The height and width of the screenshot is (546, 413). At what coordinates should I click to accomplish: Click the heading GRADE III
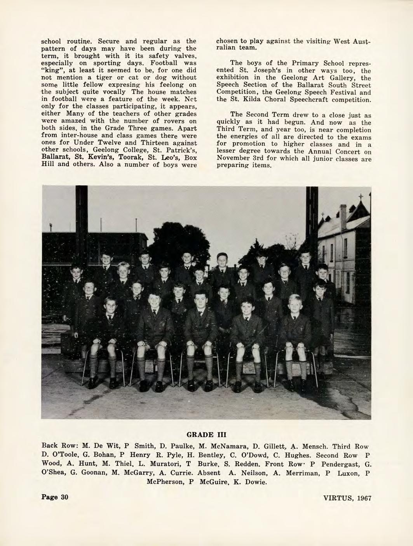206,434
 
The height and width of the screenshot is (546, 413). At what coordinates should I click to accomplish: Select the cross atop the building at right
361,196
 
